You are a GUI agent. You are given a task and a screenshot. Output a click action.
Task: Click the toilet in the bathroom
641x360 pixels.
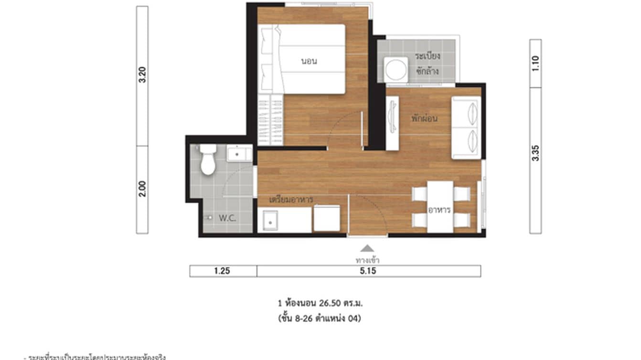point(208,160)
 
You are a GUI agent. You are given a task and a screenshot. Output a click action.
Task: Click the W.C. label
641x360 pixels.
point(228,218)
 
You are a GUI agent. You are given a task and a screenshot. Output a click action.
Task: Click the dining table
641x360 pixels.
point(440,207)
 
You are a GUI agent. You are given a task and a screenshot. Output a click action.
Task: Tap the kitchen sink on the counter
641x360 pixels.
point(271,222)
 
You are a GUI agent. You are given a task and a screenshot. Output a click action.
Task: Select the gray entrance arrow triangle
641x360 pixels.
point(367,248)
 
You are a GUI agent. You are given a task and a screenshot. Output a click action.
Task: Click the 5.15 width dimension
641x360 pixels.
point(368,271)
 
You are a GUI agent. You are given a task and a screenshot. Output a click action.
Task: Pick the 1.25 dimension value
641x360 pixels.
point(223,271)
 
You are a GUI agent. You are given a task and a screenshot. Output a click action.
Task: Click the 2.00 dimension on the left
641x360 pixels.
point(142,189)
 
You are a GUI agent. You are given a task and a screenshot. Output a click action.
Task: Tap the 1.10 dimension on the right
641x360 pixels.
point(535,63)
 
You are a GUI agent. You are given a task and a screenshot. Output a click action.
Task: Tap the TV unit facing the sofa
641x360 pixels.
point(392,123)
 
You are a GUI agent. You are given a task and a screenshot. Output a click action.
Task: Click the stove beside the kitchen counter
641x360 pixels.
point(327,218)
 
